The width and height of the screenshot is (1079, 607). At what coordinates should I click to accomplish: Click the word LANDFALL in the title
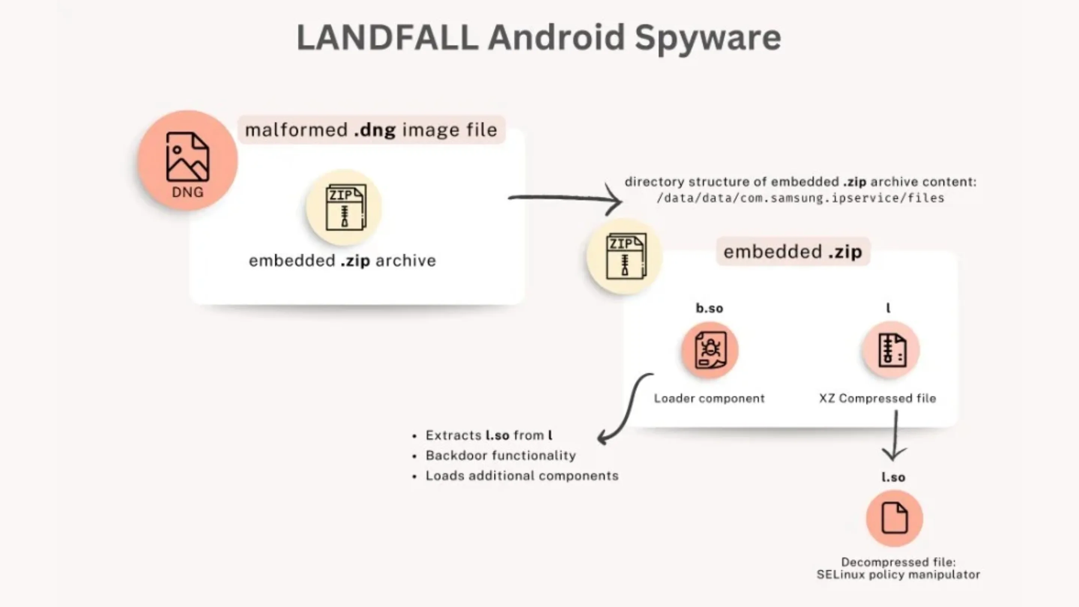387,38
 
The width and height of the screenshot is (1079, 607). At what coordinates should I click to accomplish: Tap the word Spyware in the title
707,38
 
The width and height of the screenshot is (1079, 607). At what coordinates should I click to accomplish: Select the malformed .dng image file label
371,130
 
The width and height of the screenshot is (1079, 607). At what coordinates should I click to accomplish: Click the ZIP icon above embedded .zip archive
344,207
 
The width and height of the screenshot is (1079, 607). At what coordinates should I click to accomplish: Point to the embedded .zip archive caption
342,260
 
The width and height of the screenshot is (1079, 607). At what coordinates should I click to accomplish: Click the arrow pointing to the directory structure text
565,199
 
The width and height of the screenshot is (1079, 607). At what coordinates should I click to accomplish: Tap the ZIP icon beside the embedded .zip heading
625,256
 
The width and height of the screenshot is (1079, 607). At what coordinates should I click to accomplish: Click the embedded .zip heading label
792,252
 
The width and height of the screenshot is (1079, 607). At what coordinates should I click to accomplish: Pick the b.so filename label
709,308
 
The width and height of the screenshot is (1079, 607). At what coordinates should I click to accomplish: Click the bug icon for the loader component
710,350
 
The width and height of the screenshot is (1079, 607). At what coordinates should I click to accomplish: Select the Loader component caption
709,398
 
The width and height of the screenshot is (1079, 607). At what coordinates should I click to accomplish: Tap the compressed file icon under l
891,350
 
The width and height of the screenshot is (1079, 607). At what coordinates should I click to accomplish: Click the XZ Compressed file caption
877,398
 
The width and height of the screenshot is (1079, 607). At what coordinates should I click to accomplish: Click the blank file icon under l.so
894,518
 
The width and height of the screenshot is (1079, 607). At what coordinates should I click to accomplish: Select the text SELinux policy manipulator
898,574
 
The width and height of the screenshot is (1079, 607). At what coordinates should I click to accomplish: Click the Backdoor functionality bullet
501,455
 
